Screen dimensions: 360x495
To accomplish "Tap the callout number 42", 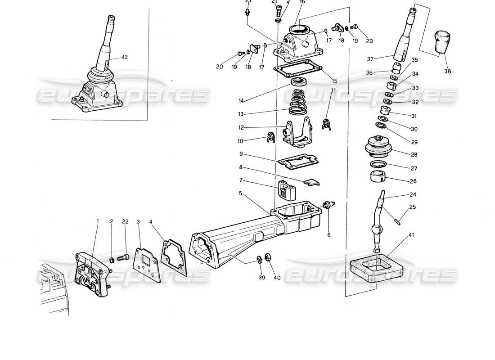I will [x=125, y=57].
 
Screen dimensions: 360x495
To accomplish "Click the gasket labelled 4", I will [x=174, y=257].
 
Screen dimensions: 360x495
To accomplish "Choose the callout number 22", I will [x=125, y=221].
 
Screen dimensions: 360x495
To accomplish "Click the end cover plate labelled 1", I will [x=92, y=274].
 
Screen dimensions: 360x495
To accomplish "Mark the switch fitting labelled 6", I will [x=328, y=205].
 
